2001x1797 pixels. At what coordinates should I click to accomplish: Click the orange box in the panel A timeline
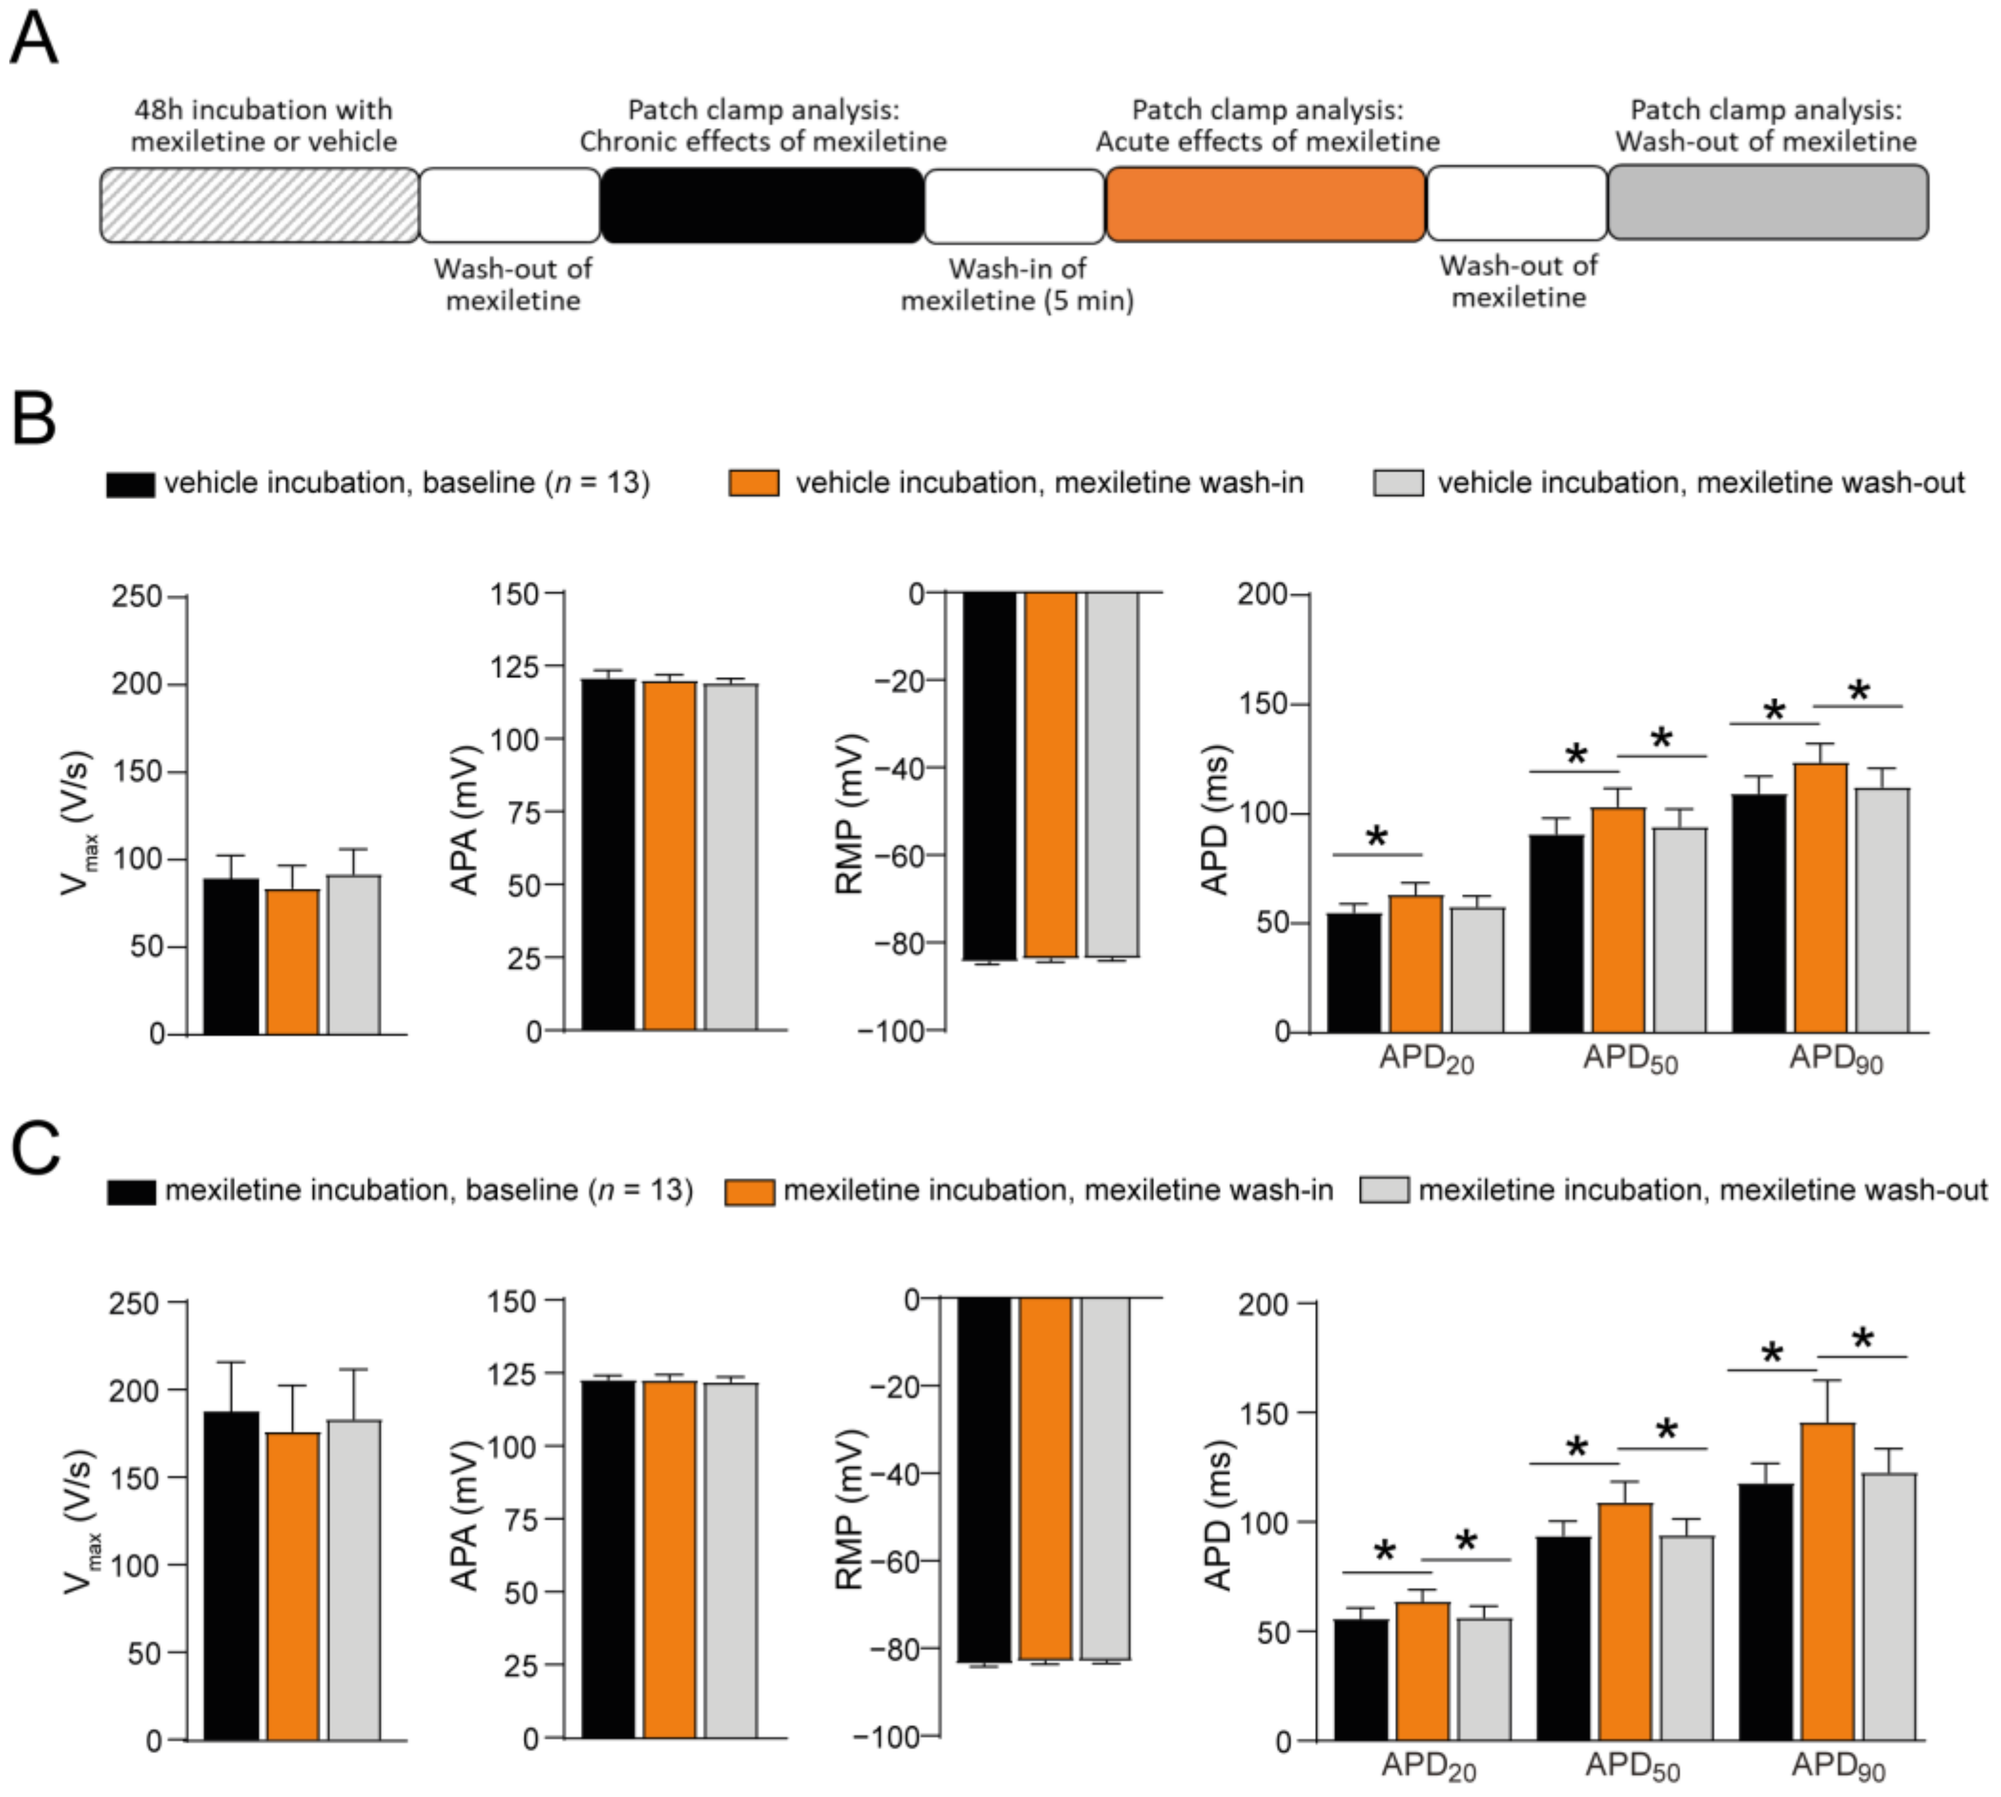(x=1265, y=204)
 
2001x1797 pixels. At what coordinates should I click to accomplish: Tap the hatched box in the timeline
(x=260, y=204)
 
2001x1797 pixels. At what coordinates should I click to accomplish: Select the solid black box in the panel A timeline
(x=762, y=204)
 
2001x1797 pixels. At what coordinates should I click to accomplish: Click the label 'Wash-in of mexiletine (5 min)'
(x=1016, y=284)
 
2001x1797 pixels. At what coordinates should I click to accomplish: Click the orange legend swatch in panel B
(x=753, y=483)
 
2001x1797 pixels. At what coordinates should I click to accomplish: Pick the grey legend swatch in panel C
(x=1384, y=1190)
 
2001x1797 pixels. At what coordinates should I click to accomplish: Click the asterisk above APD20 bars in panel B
(x=1377, y=838)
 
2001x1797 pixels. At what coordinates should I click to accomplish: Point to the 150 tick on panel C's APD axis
(x=1266, y=1413)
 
